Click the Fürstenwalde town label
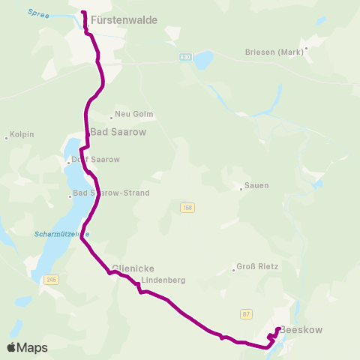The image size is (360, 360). [124, 20]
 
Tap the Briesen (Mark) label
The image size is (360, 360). [274, 52]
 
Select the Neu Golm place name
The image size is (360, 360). [135, 115]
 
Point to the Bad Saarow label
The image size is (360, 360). [118, 132]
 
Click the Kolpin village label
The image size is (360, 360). [22, 135]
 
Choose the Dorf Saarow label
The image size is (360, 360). [95, 160]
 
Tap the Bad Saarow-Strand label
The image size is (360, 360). [112, 193]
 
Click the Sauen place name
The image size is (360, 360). [257, 185]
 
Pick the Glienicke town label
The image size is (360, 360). [133, 268]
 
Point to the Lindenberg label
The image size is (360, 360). [162, 280]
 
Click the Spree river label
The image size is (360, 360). [37, 13]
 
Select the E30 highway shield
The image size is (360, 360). [185, 56]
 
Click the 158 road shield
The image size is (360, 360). [187, 207]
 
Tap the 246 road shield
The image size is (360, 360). [51, 280]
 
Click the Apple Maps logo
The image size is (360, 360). [27, 347]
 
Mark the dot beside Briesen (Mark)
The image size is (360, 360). [307, 47]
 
